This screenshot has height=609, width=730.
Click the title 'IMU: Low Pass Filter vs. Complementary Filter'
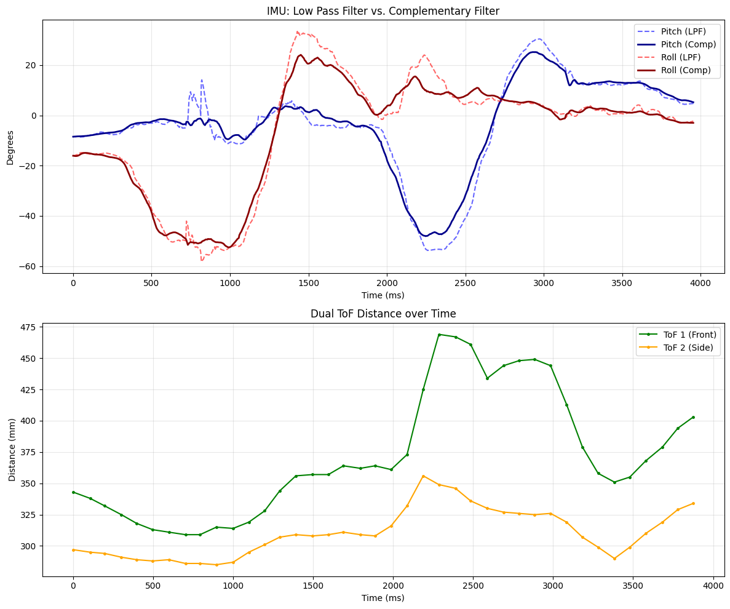[383, 10]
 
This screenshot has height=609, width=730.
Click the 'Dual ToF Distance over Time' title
[383, 314]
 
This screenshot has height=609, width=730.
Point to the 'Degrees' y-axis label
[10, 146]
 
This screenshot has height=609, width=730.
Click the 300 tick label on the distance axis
[30, 546]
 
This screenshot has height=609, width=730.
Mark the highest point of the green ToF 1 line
[439, 335]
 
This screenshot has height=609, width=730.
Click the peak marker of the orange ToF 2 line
[423, 476]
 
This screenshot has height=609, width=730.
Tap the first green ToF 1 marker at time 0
[73, 492]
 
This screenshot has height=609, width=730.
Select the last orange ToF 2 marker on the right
[693, 503]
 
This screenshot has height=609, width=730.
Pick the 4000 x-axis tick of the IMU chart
[700, 283]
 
